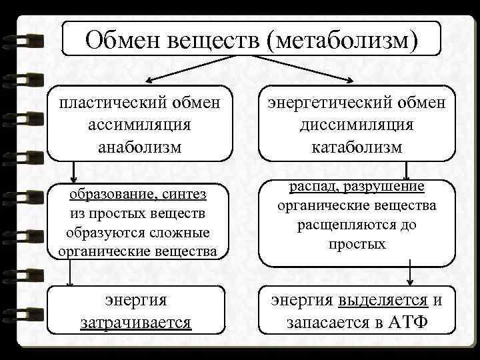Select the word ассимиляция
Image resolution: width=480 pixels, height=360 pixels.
tap(139, 125)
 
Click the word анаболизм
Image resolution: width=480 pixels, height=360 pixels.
tap(139, 147)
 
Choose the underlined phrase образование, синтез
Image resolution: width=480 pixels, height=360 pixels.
tap(139, 194)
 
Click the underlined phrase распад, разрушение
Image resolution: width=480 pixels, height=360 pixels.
tap(357, 187)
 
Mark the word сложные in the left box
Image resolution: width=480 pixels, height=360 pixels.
tap(180, 233)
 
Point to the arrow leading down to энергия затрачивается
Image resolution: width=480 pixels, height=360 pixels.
tap(70, 273)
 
